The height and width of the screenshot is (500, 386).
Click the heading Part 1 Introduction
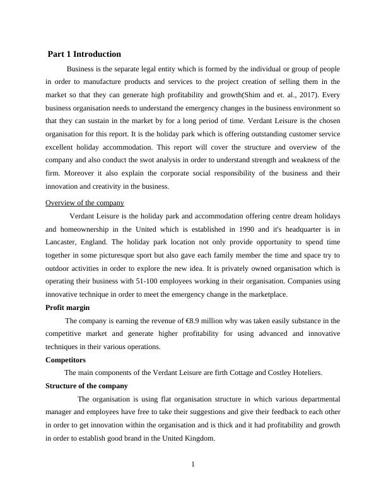click(x=85, y=54)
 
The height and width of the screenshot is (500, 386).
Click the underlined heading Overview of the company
click(x=85, y=203)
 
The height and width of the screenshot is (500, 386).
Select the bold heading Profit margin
click(x=67, y=307)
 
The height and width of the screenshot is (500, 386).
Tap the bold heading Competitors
click(x=66, y=360)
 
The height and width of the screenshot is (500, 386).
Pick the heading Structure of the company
click(x=86, y=386)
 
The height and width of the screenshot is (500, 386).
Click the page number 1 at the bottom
click(x=193, y=465)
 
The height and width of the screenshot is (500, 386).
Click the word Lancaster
click(x=64, y=242)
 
